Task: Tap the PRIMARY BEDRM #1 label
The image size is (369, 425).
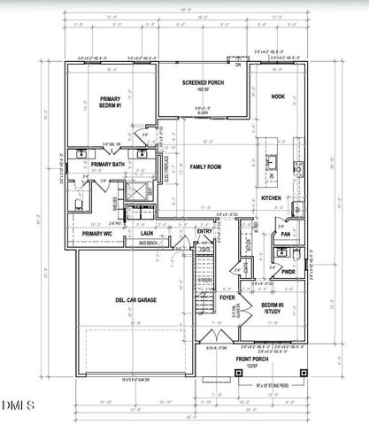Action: tap(111, 103)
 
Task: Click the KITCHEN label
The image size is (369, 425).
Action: tap(271, 198)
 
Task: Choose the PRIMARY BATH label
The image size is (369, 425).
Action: tap(107, 165)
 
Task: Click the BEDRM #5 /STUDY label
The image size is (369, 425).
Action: tap(272, 311)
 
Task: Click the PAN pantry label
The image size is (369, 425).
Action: tap(285, 234)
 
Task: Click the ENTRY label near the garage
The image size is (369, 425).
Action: tap(204, 232)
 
